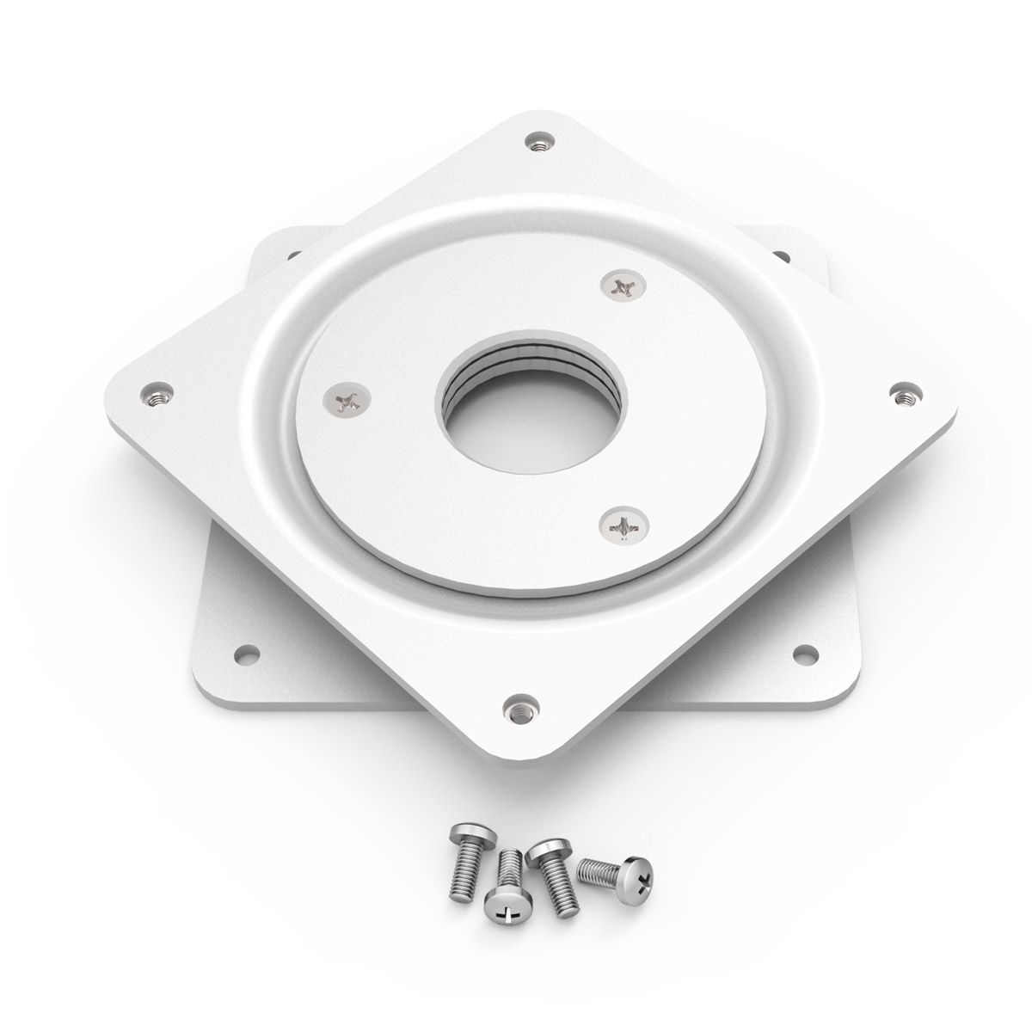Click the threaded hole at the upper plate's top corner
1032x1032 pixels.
[x=539, y=141]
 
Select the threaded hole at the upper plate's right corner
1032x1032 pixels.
[x=902, y=395]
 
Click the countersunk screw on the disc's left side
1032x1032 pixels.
[x=347, y=399]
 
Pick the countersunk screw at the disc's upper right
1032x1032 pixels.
[x=623, y=286]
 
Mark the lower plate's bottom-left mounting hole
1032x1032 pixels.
[x=249, y=653]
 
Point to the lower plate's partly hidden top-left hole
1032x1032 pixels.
[x=291, y=255]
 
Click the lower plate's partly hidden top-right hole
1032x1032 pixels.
[x=781, y=255]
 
